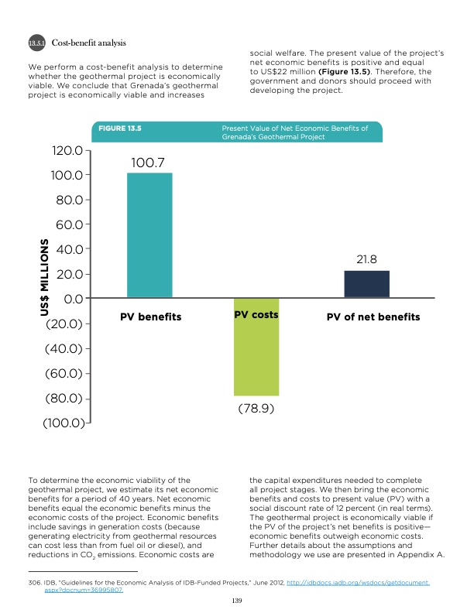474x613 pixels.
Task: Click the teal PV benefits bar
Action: pyautogui.click(x=149, y=235)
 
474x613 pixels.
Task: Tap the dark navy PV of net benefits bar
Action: pyautogui.click(x=366, y=284)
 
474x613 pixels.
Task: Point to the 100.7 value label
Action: pyautogui.click(x=149, y=163)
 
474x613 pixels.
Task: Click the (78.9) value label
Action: pyautogui.click(x=256, y=408)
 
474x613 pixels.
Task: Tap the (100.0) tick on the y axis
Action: pyautogui.click(x=64, y=423)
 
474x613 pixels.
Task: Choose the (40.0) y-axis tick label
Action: pyautogui.click(x=65, y=348)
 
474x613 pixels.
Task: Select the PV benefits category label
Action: pyautogui.click(x=150, y=317)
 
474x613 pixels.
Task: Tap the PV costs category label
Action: pyautogui.click(x=256, y=316)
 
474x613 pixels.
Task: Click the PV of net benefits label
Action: pyautogui.click(x=373, y=317)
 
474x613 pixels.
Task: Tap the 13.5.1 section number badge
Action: pyautogui.click(x=37, y=41)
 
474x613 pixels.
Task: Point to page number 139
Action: pyautogui.click(x=237, y=599)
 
